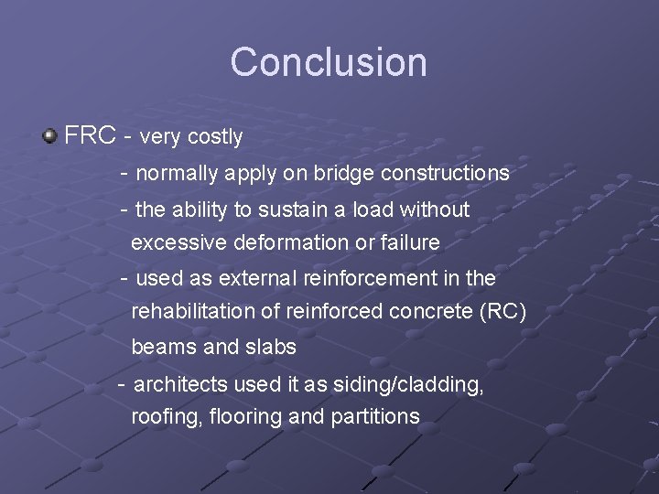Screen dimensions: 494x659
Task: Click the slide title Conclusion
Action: tap(329, 62)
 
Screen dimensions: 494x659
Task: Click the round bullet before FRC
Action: tap(49, 136)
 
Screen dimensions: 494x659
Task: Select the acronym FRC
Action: tap(90, 136)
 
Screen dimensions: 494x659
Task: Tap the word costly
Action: tap(215, 137)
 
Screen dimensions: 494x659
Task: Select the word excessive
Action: tap(174, 243)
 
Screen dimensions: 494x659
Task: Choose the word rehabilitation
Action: tap(193, 312)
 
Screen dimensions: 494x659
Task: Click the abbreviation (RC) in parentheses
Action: tap(502, 312)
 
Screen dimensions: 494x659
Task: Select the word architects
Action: tap(179, 384)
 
